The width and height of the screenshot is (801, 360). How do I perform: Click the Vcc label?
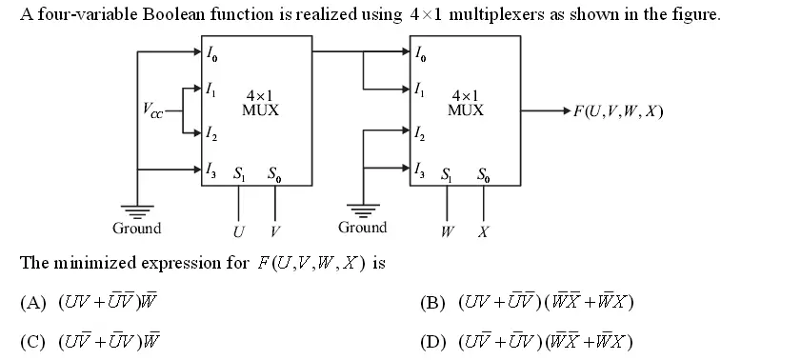[x=153, y=110]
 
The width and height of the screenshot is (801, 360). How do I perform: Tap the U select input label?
[x=238, y=231]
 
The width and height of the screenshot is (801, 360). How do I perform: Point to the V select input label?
[x=275, y=231]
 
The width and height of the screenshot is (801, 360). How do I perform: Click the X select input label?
[x=483, y=231]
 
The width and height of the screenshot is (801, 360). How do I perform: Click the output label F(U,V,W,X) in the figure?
[x=617, y=110]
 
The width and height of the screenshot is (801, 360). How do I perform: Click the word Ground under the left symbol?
[x=137, y=229]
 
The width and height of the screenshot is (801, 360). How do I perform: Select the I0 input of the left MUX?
[x=212, y=54]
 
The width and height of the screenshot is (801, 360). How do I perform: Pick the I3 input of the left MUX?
[x=212, y=171]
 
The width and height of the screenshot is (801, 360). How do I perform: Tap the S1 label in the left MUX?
[x=238, y=174]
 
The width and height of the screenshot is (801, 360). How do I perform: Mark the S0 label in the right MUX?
[x=484, y=174]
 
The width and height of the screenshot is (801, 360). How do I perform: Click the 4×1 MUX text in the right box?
[x=466, y=103]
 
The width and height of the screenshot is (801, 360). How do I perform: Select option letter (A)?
[x=33, y=303]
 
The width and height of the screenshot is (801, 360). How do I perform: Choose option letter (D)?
[x=433, y=342]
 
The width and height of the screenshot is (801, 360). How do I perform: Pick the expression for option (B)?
[x=546, y=303]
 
